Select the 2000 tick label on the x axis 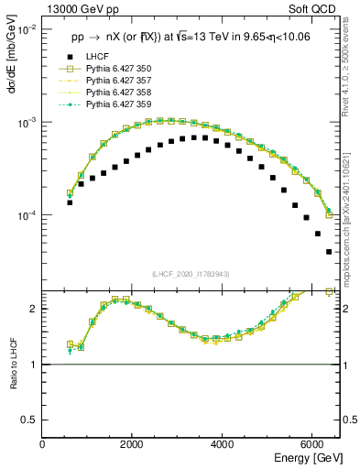click(x=133, y=444)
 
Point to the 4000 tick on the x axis click(x=223, y=444)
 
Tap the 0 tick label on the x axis click(x=43, y=444)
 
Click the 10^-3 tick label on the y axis click(x=27, y=122)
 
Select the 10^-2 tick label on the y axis click(x=27, y=29)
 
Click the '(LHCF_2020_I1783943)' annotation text click(x=191, y=275)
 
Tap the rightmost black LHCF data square click(x=328, y=251)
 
